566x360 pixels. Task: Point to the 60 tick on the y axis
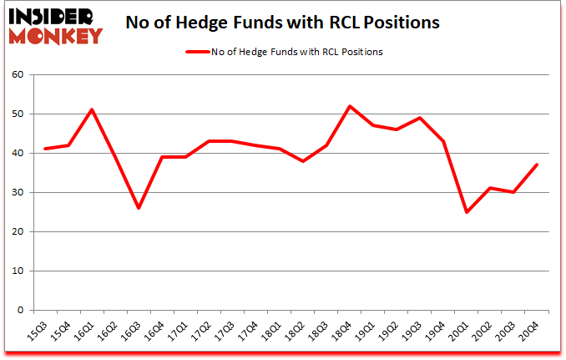18,75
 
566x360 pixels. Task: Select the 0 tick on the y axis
21,311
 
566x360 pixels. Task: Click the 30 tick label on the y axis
18,193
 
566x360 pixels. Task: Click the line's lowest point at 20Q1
467,212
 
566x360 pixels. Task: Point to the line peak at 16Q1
91,109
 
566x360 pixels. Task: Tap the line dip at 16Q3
138,208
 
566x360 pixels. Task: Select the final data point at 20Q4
537,165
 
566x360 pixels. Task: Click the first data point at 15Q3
44,149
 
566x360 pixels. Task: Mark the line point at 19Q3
419,118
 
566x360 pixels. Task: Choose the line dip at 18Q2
302,161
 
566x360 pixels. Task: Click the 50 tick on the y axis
18,114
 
